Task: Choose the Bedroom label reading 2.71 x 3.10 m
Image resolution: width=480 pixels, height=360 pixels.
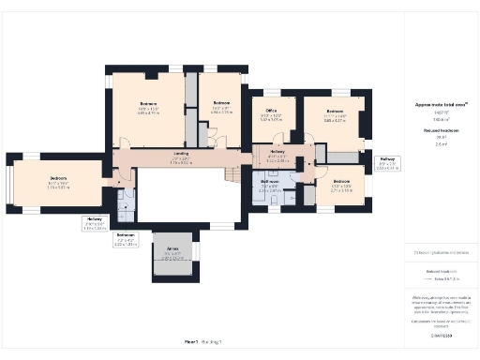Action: pyautogui.click(x=340, y=182)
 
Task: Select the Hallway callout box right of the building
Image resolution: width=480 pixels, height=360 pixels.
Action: pyautogui.click(x=385, y=163)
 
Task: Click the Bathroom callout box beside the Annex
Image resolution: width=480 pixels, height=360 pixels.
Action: pyautogui.click(x=126, y=239)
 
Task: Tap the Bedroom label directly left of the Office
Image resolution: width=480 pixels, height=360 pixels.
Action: pyautogui.click(x=221, y=106)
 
